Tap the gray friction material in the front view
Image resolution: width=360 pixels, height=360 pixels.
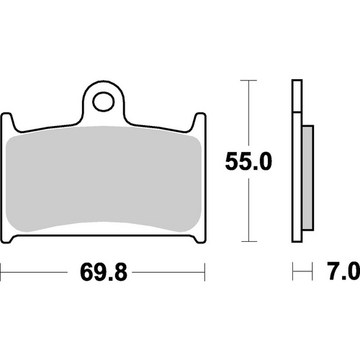coord(104,180)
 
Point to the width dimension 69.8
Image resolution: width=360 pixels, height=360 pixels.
coord(104,273)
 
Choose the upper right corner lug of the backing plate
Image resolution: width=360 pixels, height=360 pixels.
coord(198,121)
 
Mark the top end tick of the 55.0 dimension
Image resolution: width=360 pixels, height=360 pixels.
coord(248,81)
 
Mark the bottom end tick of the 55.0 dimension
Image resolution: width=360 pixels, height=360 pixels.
coord(248,241)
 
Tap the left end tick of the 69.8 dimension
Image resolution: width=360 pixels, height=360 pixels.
coord(1,273)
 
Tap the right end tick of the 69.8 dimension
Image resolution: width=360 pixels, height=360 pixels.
coord(206,273)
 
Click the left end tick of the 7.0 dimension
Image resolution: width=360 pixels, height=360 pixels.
coord(292,273)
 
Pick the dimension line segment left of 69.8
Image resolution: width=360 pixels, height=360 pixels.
coord(36,273)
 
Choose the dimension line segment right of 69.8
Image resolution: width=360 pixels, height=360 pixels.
coord(169,273)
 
